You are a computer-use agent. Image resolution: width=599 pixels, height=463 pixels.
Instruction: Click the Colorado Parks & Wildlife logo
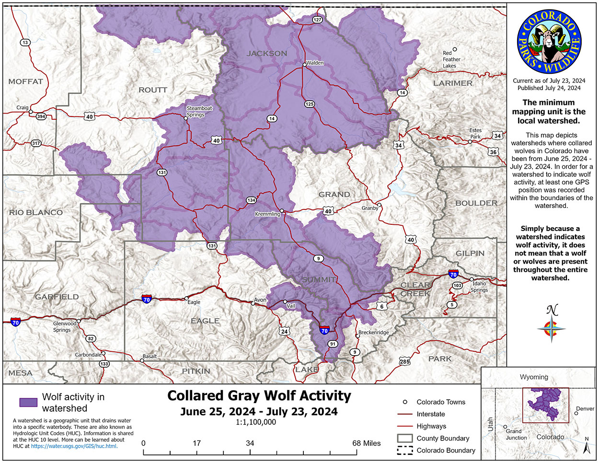tap(549, 41)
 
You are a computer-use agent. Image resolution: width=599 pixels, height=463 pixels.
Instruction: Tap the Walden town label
tap(315, 63)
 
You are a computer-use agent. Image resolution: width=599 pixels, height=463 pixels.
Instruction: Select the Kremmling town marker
tap(282, 210)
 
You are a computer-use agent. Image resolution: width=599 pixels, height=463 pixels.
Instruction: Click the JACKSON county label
tap(267, 53)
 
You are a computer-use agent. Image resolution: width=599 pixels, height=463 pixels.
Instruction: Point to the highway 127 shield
tap(317, 20)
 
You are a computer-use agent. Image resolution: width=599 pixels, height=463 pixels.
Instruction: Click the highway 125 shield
tap(309, 104)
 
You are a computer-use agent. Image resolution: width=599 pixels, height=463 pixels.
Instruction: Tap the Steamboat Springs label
tap(199, 111)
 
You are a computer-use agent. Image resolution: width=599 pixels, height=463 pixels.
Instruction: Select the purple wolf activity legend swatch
tap(28, 402)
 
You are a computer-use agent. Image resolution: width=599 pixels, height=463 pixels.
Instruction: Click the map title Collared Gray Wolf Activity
tap(259, 396)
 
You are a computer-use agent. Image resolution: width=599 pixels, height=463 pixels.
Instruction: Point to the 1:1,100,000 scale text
tap(255, 422)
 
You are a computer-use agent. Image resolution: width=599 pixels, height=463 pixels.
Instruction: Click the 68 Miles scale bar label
tap(366, 443)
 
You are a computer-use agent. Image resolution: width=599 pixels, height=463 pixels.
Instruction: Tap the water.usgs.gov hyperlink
tap(74, 446)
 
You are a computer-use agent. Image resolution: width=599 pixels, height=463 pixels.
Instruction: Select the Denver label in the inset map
tap(585, 408)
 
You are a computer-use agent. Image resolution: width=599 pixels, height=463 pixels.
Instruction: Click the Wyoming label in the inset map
tap(534, 377)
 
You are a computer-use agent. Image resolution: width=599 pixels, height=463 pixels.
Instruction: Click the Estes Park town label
tap(475, 133)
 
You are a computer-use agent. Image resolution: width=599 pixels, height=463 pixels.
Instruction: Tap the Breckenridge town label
tap(374, 333)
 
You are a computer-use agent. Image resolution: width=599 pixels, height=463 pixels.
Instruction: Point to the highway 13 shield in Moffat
tap(25, 43)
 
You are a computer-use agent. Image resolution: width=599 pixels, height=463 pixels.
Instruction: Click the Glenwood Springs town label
tap(64, 326)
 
